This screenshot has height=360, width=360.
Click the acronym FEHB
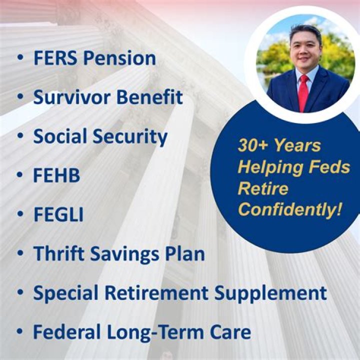[56, 176]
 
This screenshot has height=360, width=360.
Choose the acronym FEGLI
[58, 215]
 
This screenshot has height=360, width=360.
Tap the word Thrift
[56, 254]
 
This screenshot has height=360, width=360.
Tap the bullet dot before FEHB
[19, 176]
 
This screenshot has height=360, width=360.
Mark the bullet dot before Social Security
[19, 137]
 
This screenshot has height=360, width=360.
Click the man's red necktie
[303, 93]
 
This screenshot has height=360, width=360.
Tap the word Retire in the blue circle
[263, 188]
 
